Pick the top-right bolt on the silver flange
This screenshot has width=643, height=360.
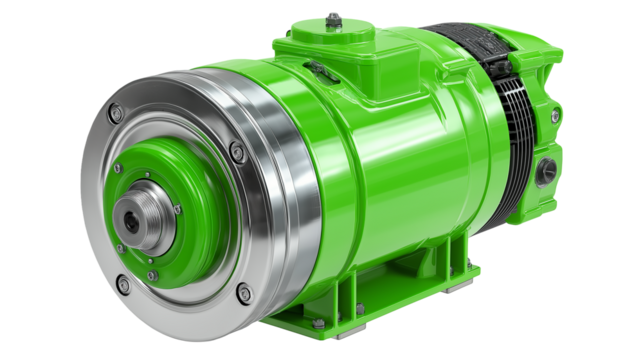[237, 152]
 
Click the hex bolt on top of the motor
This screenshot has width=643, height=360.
[332, 18]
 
